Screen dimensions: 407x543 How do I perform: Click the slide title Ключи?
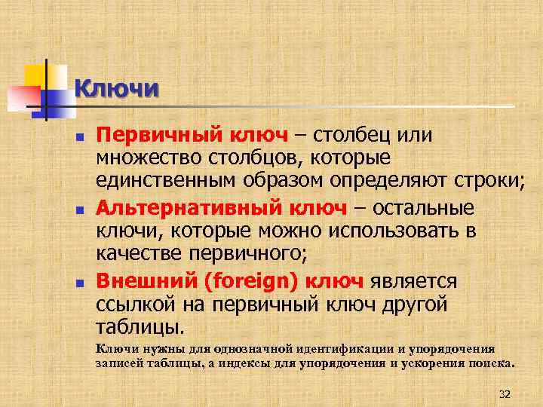117,89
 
